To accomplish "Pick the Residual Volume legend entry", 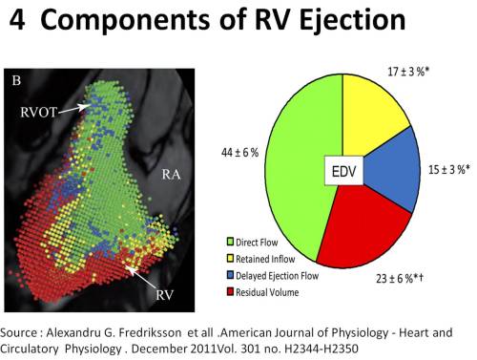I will pyautogui.click(x=267, y=290).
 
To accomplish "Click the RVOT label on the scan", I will pyautogui.click(x=41, y=113).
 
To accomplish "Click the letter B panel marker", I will pyautogui.click(x=16, y=81).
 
